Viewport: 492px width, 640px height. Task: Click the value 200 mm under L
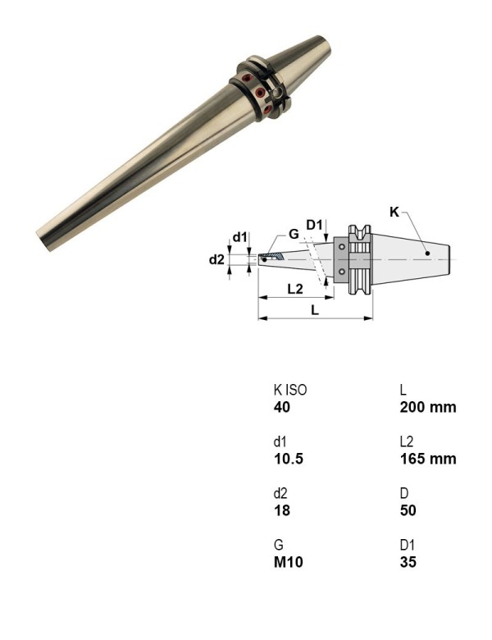[427, 407]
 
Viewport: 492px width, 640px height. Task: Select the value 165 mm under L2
[427, 459]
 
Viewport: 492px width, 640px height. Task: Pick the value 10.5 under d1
[288, 459]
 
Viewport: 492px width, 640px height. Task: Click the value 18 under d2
[281, 510]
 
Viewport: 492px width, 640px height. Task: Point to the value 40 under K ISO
[281, 407]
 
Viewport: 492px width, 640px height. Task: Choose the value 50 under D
[408, 510]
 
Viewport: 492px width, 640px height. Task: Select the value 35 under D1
[408, 562]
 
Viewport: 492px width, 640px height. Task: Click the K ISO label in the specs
[289, 390]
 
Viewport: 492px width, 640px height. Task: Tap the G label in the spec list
[278, 545]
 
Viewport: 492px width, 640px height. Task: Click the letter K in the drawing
[394, 212]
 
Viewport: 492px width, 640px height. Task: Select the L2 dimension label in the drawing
[295, 289]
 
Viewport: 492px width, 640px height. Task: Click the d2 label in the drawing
[216, 259]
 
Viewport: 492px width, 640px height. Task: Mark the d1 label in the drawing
[239, 237]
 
